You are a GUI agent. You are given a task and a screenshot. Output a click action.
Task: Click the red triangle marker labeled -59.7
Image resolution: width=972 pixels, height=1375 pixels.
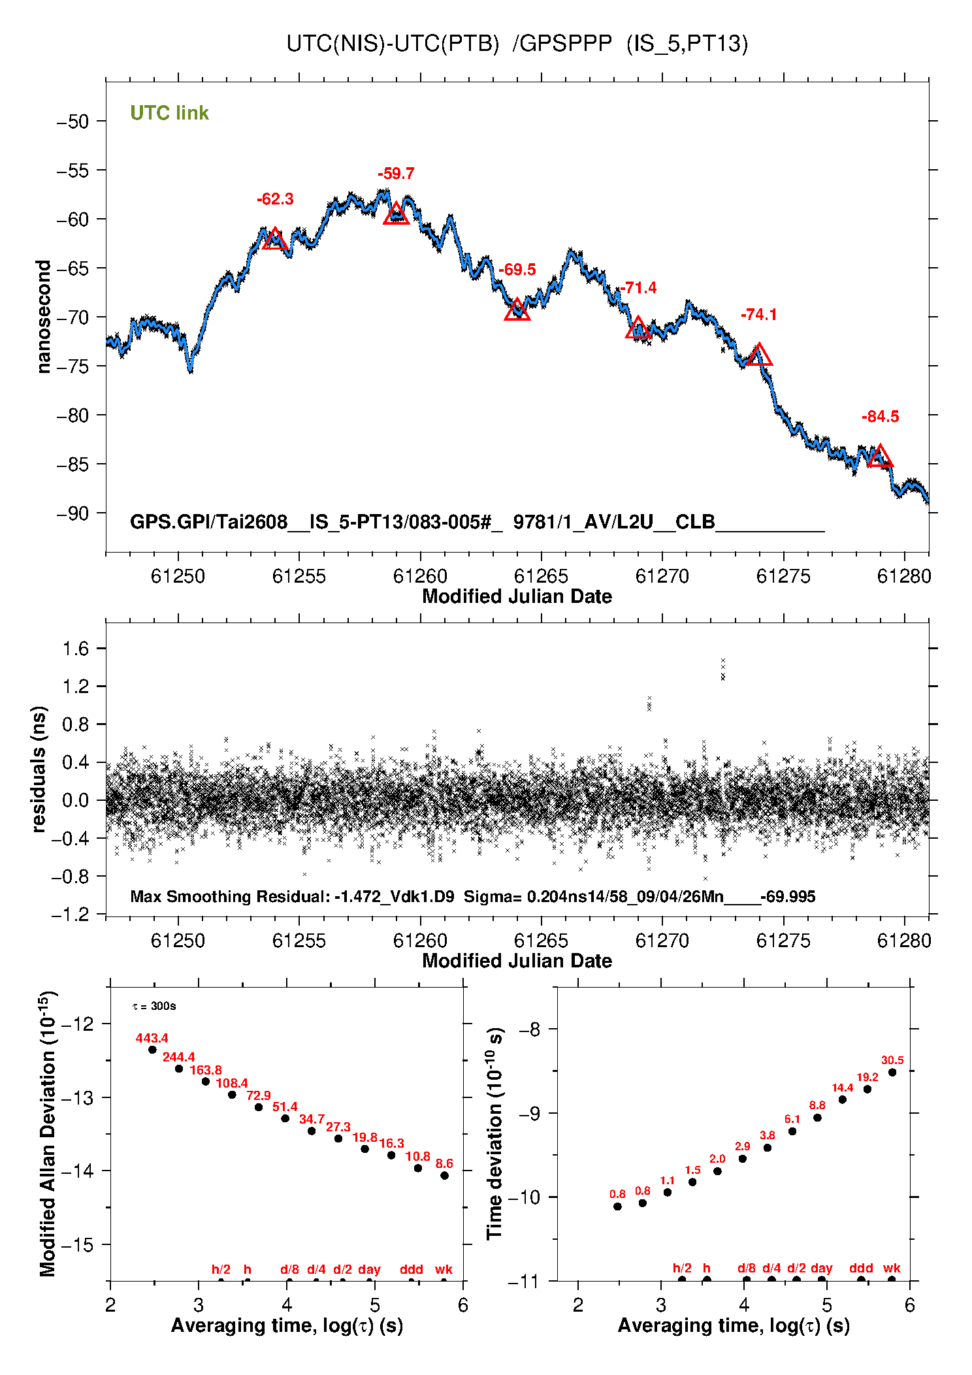(x=396, y=214)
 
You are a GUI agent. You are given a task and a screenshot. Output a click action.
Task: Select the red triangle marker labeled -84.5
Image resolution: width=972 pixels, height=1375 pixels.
(x=880, y=456)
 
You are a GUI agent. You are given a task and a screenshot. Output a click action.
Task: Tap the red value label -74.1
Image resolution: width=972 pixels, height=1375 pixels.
(x=758, y=315)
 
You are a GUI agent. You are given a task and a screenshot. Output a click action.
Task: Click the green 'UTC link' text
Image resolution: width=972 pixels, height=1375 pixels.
(x=169, y=113)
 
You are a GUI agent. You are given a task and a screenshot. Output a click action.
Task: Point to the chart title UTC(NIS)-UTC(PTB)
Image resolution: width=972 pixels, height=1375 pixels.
(x=393, y=44)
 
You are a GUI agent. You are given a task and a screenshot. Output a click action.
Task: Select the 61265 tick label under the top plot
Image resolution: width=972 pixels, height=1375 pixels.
(x=541, y=576)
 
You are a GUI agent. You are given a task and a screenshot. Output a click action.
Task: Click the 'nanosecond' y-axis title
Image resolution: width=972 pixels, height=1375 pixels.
(x=43, y=317)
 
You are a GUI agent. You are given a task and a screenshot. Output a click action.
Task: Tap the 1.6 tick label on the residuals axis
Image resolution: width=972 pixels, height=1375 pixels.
(x=75, y=649)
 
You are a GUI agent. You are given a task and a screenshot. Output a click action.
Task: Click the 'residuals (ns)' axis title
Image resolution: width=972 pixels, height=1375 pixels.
(x=39, y=769)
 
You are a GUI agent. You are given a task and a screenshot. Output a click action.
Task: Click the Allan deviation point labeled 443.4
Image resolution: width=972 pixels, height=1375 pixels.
(x=152, y=1050)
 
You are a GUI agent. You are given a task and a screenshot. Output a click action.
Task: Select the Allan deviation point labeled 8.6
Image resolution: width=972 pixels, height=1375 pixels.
(x=444, y=1176)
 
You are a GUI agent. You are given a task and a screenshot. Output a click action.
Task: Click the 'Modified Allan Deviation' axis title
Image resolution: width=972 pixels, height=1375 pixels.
(x=48, y=1133)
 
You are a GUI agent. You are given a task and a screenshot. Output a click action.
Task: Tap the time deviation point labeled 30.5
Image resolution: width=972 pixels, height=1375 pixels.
(x=892, y=1073)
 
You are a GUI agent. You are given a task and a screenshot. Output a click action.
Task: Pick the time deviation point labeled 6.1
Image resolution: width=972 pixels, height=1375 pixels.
(x=792, y=1131)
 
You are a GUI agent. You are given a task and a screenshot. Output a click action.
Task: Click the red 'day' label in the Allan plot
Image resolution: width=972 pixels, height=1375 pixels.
(x=369, y=1269)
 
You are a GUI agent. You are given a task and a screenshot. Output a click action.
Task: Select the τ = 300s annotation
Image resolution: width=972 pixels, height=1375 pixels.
(x=154, y=1006)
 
